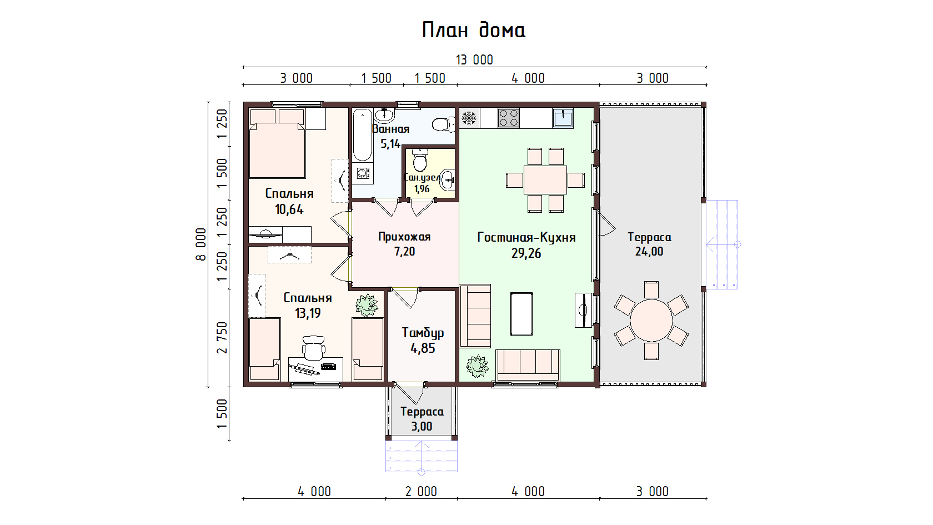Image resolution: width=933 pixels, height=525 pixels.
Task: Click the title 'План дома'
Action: coord(474,30)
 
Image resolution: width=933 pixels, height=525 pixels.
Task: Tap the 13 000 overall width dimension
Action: coord(474,60)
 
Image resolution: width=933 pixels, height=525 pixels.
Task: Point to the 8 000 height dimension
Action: coord(201,244)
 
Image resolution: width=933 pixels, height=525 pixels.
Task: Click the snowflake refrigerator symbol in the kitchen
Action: coord(469,118)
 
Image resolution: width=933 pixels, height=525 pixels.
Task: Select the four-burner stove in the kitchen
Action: coord(509,118)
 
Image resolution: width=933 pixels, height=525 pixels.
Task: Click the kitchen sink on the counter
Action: coord(563,118)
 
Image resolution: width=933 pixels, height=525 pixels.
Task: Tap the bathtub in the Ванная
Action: coord(362,134)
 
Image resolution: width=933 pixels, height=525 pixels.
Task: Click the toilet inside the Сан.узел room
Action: coord(419,159)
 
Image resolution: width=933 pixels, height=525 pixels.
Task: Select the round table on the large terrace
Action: coord(651,321)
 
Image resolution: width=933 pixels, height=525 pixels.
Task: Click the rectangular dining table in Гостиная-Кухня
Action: coord(545,180)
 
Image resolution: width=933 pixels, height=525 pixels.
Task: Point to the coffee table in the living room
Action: coord(521,314)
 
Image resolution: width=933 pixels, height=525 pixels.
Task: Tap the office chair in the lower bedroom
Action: coord(314,348)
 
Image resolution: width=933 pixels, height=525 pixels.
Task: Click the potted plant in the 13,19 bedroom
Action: coord(367,306)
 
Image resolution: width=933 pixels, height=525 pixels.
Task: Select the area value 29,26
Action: coord(526,253)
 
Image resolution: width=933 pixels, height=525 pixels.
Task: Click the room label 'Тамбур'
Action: coord(423,333)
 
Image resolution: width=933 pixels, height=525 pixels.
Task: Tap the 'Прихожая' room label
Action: coord(404,237)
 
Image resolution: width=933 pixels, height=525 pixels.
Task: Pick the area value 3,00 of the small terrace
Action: coord(422,427)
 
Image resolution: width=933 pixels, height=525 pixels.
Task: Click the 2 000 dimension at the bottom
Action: coord(421,492)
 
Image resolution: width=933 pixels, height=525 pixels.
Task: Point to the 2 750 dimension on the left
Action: coord(222,338)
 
